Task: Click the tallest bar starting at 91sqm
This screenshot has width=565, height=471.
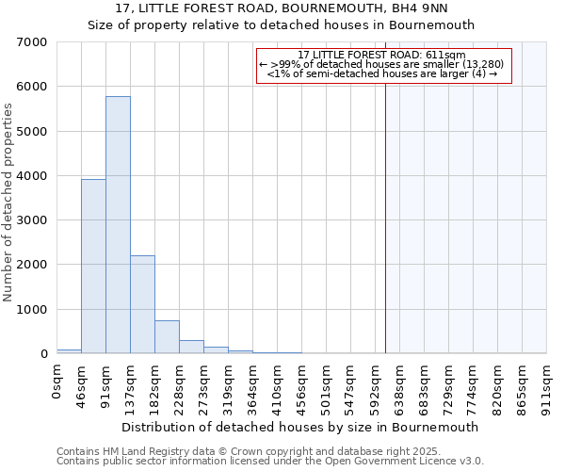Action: pyautogui.click(x=118, y=226)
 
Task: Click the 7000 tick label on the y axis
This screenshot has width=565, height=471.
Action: pyautogui.click(x=33, y=42)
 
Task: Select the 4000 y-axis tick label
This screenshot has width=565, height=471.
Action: pyautogui.click(x=33, y=176)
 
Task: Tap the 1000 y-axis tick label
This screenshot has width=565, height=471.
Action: pyautogui.click(x=33, y=310)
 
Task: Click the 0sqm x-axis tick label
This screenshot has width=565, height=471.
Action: pyautogui.click(x=57, y=382)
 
